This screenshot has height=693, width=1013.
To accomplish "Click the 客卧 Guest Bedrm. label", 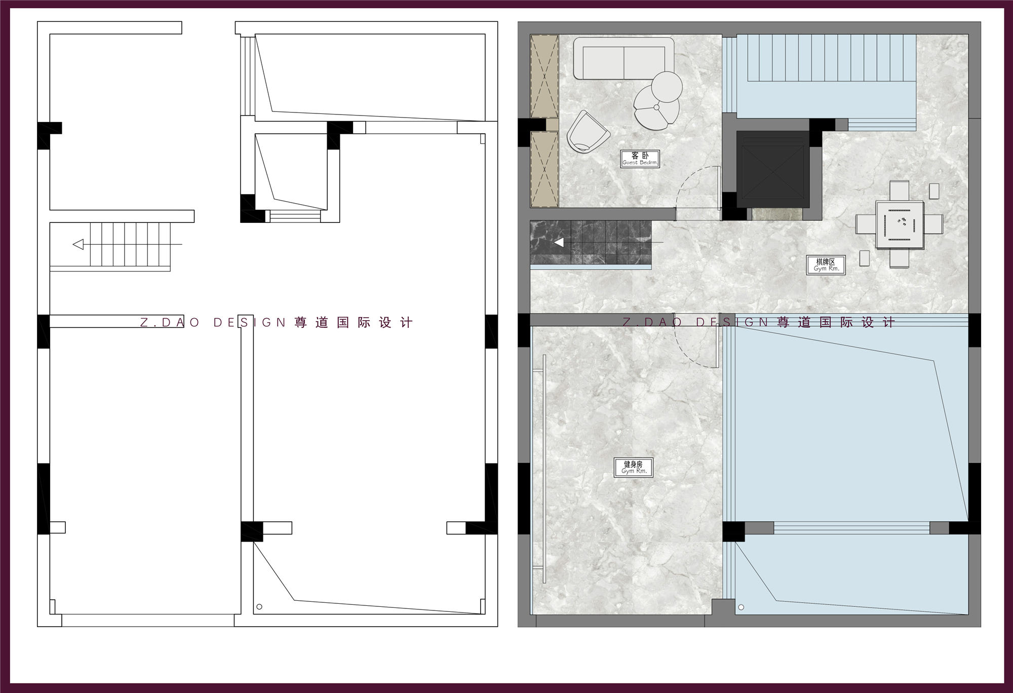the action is (640, 159).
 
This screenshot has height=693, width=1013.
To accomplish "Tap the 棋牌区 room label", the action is (826, 265).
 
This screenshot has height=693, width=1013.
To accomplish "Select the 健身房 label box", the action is (633, 468).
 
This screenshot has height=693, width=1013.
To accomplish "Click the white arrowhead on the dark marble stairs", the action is (559, 243).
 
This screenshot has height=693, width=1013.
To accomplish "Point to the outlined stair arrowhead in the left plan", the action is (78, 245).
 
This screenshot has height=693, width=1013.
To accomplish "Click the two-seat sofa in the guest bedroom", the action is (624, 59).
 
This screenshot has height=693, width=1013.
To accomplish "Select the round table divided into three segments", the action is (656, 107).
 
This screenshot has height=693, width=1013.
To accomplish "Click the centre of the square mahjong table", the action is (899, 224).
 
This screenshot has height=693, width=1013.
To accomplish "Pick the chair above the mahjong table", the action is (899, 191).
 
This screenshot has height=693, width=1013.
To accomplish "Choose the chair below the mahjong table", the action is (899, 258).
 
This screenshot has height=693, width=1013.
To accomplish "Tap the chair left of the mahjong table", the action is (866, 224).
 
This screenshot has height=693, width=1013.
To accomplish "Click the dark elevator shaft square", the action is (772, 169).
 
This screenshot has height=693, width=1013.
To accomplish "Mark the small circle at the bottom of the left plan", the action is (259, 607).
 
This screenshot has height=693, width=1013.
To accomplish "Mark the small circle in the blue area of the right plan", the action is (742, 607).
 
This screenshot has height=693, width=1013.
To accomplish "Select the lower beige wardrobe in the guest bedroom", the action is (544, 169).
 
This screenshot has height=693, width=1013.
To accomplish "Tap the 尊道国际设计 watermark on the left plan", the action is (354, 323).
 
